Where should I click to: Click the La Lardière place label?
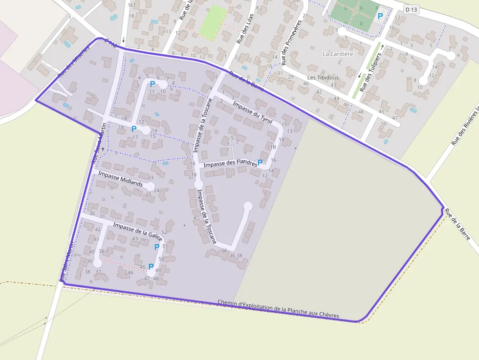338,54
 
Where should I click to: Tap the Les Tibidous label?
323,78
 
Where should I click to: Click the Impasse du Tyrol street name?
252,113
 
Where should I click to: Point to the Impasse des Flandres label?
230,164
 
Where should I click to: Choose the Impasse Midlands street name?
120,179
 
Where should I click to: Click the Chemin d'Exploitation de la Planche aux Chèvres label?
278,309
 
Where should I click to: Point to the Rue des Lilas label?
245,29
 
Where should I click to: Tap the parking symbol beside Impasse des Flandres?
260,162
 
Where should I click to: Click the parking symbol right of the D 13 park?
380,16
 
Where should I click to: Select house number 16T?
131,5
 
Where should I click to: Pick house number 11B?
271,147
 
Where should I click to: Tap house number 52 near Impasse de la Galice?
165,233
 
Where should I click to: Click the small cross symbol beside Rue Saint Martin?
103,148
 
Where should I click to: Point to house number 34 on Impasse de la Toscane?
224,251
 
